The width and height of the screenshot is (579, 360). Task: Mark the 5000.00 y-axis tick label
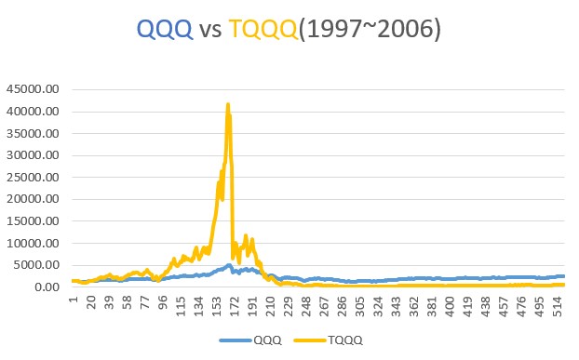click(36, 265)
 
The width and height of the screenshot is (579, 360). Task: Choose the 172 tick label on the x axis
click(236, 305)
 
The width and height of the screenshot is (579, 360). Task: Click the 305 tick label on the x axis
click(361, 305)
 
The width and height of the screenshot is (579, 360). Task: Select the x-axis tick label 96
click(164, 302)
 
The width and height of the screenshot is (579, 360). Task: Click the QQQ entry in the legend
click(266, 340)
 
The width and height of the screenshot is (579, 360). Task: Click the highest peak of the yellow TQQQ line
click(228, 105)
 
